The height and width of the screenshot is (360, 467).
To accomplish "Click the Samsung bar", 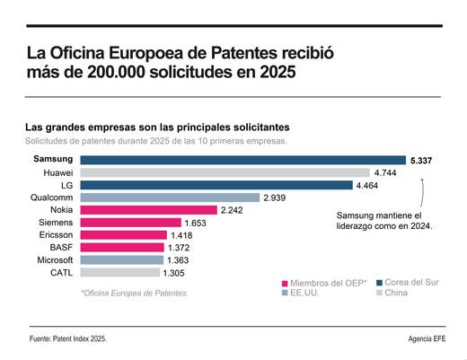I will pos(242,160).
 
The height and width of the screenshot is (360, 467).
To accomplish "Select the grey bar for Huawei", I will pos(225,172).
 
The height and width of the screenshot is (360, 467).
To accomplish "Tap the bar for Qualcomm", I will pos(170,198).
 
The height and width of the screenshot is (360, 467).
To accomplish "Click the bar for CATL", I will pos(120,272).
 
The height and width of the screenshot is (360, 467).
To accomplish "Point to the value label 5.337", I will pos(424,160).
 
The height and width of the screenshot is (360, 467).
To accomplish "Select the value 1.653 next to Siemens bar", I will pos(195,223).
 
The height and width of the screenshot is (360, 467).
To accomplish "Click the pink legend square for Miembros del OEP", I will pos(284,284).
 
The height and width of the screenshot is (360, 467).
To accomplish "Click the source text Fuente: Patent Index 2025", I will pos(72,338).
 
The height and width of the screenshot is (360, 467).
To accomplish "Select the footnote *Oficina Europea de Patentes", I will pos(134,293).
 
